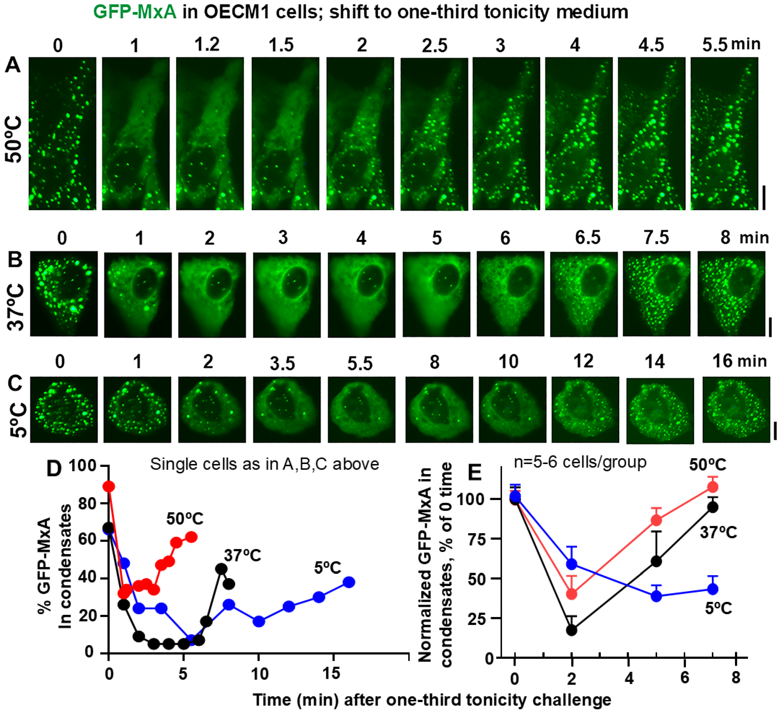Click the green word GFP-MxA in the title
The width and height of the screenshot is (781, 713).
coord(134,12)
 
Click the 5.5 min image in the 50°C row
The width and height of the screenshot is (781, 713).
coord(724,133)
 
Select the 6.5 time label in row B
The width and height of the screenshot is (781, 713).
coord(587,237)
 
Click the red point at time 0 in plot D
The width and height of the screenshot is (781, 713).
coord(109,486)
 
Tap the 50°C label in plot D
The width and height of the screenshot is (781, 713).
coord(185,519)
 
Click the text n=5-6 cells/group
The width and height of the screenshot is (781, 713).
coord(580,462)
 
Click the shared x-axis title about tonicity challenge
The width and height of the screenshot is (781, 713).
coord(432,700)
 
